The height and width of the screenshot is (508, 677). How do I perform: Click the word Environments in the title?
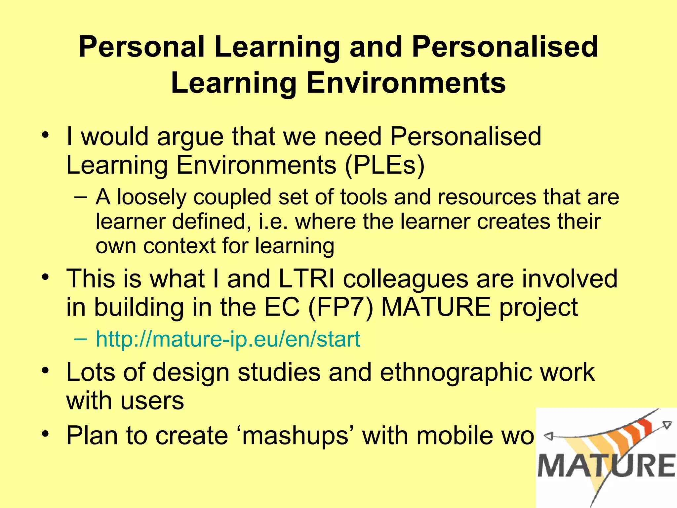(406, 83)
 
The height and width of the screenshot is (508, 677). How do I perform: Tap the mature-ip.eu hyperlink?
(228, 339)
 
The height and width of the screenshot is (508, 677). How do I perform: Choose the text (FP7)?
(340, 307)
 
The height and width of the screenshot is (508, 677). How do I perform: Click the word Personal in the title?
(142, 47)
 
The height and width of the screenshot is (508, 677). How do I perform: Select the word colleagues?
(405, 278)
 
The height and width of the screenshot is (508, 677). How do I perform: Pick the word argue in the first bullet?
(190, 137)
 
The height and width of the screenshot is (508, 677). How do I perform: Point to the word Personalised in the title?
(505, 47)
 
